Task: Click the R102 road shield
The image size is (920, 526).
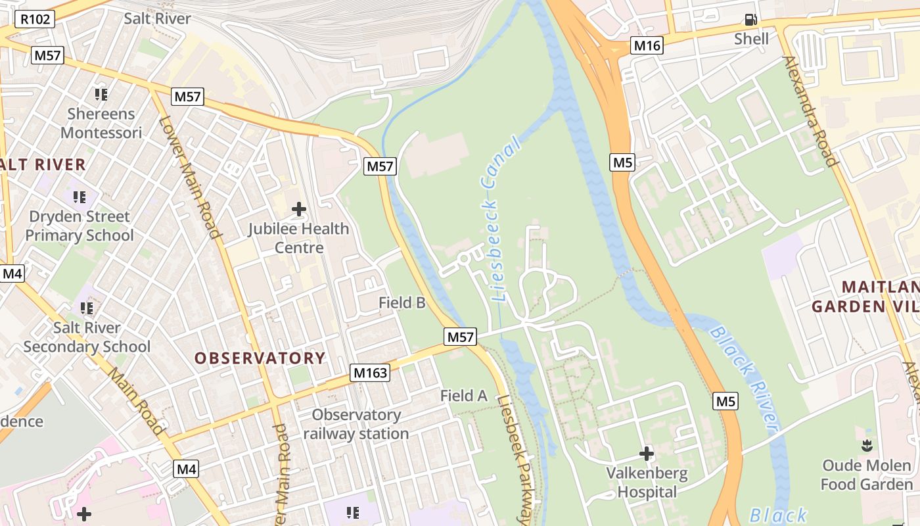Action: coord(35,19)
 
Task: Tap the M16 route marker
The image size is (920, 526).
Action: coord(647,45)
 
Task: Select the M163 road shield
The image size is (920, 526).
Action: coord(370,373)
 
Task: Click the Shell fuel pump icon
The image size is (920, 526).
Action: coord(750,20)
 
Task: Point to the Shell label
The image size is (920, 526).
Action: coord(751,39)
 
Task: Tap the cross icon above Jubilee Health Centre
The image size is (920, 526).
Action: coord(299,210)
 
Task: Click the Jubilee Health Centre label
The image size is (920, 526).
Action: coord(299,238)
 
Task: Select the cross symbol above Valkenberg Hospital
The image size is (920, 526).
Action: coord(647,454)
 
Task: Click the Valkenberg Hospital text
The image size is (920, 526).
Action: coord(647,482)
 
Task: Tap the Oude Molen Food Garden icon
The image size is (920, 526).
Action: coord(867,446)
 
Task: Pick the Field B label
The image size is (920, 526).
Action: coord(402,302)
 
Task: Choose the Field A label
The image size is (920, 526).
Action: coord(463,396)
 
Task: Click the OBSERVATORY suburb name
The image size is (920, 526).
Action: coord(260,358)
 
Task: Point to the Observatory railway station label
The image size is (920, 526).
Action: coord(356,424)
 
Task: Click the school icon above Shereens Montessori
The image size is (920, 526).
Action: coord(101,95)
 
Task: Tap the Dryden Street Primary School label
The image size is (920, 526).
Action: coord(80,226)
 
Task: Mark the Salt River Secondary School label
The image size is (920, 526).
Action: coord(87,337)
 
